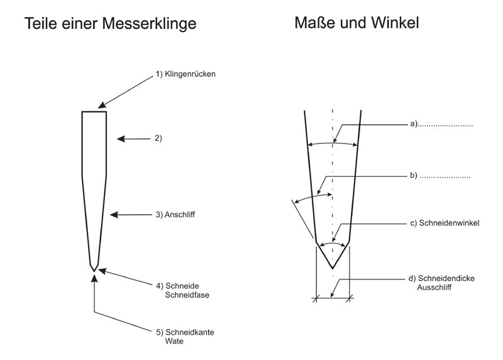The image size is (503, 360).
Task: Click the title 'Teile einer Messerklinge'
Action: [x=110, y=25]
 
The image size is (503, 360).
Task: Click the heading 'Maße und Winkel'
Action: [x=357, y=23]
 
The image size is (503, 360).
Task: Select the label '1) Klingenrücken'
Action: [x=186, y=75]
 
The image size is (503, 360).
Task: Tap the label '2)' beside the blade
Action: [x=158, y=138]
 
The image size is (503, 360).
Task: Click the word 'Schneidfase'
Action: [x=183, y=295]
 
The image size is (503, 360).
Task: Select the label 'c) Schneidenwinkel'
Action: [x=445, y=223]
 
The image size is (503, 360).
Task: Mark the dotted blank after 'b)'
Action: [x=445, y=177]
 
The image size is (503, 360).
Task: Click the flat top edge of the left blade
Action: [x=94, y=112]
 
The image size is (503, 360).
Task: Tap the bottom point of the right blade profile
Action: [x=332, y=269]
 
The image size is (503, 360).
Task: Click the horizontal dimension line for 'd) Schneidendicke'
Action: [x=332, y=296]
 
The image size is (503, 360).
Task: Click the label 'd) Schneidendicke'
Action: [x=443, y=278]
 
